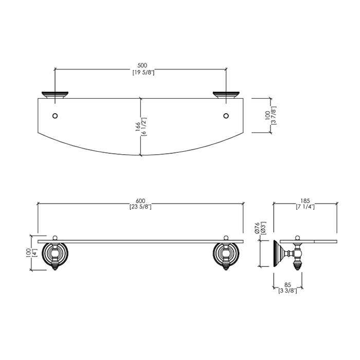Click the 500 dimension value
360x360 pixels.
pyautogui.click(x=142, y=66)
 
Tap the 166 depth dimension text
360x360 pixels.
pyautogui.click(x=138, y=127)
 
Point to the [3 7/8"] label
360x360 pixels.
pyautogui.click(x=274, y=115)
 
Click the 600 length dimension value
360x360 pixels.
pyautogui.click(x=140, y=201)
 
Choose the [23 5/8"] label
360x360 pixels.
pyautogui.click(x=140, y=207)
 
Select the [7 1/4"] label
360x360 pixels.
pyautogui.click(x=305, y=207)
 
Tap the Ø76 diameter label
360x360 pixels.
pyautogui.click(x=257, y=228)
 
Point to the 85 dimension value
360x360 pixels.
pyautogui.click(x=287, y=285)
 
